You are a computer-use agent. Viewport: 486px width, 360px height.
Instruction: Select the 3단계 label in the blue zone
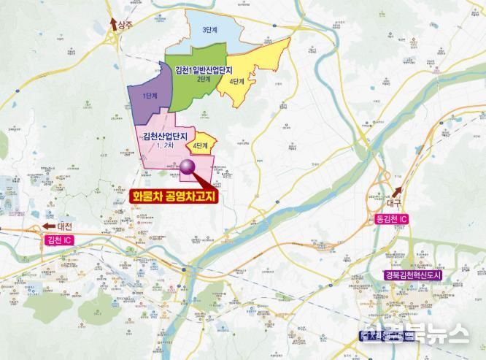(x=213, y=31)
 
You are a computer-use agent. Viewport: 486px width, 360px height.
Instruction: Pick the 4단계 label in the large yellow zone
(x=237, y=80)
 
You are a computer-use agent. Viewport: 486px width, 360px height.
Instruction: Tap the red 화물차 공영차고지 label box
(x=173, y=196)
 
